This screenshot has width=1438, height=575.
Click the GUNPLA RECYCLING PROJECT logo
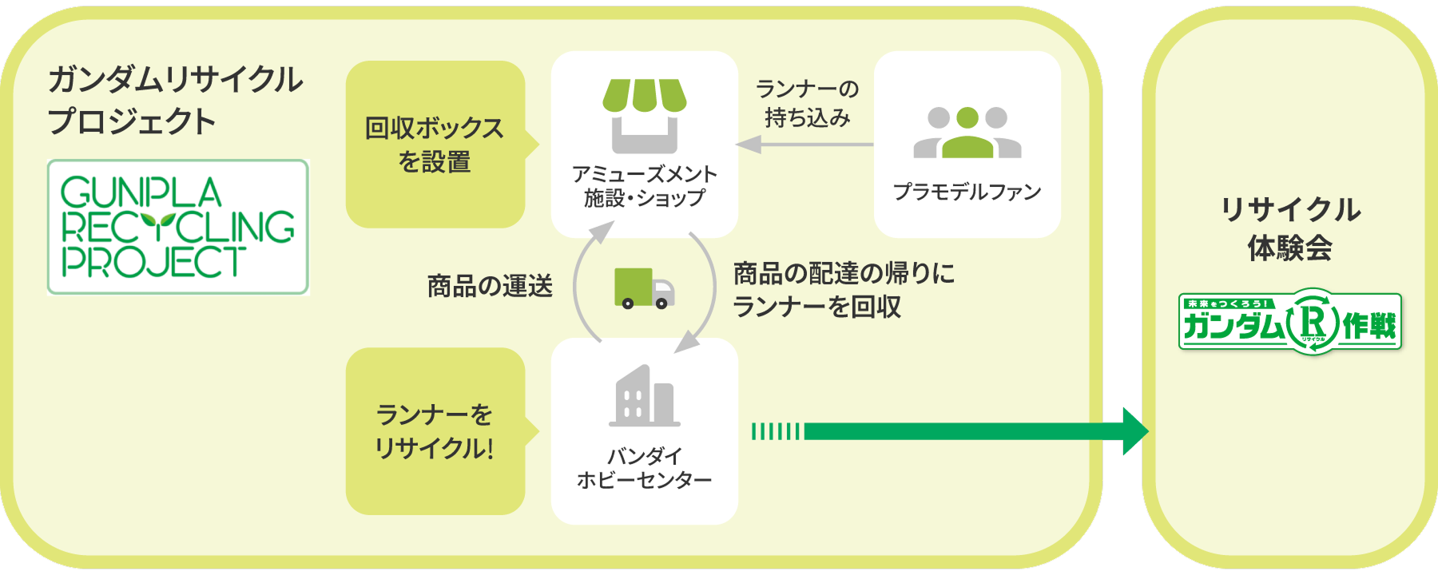[x=177, y=228]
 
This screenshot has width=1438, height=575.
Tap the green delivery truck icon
[x=644, y=287]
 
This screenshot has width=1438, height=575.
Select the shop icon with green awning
[x=644, y=115]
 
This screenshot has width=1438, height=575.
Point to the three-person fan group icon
[x=967, y=133]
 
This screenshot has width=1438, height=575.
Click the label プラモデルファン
[x=967, y=192]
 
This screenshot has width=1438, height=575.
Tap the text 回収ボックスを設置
[x=434, y=145]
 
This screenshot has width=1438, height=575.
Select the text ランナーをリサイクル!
[x=434, y=431]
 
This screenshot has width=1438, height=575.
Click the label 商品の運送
[x=490, y=286]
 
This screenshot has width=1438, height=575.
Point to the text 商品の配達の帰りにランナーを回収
[x=843, y=290]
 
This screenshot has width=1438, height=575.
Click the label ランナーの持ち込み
[x=807, y=104]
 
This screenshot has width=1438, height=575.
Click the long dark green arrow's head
[x=1134, y=431]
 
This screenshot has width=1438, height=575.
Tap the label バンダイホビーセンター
[x=644, y=468]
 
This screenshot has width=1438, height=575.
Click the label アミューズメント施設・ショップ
[x=644, y=186]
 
